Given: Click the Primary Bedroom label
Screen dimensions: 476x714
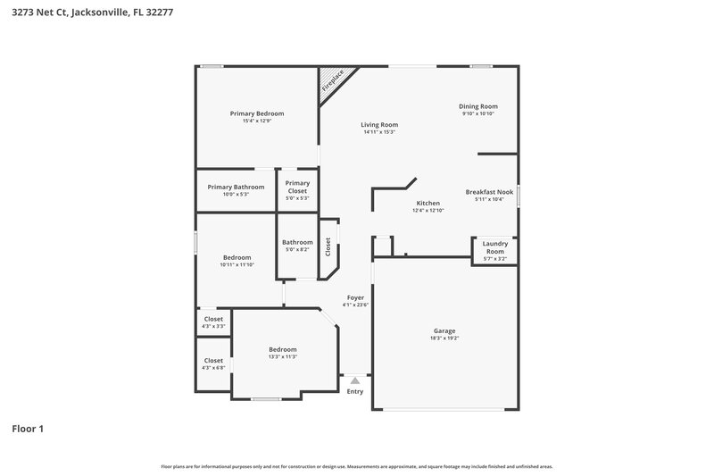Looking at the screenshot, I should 257,113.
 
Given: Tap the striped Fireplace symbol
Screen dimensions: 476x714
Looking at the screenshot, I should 332,81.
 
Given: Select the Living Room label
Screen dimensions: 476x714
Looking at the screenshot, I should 379,125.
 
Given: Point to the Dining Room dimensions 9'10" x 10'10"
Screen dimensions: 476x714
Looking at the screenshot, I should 477,114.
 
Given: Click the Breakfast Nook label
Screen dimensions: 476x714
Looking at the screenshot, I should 489,192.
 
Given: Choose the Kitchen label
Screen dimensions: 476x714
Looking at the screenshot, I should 428,203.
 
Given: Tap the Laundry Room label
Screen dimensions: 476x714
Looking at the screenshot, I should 494,247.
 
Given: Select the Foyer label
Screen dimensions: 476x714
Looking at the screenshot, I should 355,297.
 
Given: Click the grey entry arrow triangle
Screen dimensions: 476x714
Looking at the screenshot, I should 355,380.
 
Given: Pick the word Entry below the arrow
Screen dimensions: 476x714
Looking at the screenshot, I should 355,391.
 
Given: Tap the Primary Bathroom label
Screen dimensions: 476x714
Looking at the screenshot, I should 236,187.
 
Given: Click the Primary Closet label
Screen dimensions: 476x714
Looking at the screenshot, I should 297,187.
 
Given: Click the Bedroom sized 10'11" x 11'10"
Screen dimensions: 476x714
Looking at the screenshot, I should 237,257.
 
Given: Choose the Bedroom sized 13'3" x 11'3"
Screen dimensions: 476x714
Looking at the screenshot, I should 282,349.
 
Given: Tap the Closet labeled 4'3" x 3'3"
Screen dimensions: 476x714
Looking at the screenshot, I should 213,319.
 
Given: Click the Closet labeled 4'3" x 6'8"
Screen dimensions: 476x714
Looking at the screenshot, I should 213,361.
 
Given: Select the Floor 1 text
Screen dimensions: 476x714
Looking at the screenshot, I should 28,429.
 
